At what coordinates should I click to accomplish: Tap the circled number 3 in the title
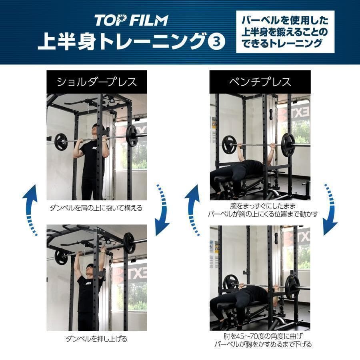pyautogui.click(x=217, y=42)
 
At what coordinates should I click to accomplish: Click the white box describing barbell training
pyautogui.click(x=285, y=32)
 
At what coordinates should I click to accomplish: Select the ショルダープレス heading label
pyautogui.click(x=97, y=82)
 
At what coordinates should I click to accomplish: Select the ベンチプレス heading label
pyautogui.click(x=260, y=82)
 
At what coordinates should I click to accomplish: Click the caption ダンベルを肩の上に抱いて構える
pyautogui.click(x=96, y=208)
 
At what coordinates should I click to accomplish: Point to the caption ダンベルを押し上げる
pyautogui.click(x=96, y=339)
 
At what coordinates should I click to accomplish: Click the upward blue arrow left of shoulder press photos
pyautogui.click(x=30, y=208)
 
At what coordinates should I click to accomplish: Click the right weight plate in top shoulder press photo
pyautogui.click(x=131, y=136)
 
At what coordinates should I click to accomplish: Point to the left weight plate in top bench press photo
pyautogui.click(x=229, y=144)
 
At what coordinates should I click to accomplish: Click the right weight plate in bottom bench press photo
pyautogui.click(x=292, y=284)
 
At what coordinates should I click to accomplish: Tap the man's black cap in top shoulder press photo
pyautogui.click(x=96, y=127)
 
